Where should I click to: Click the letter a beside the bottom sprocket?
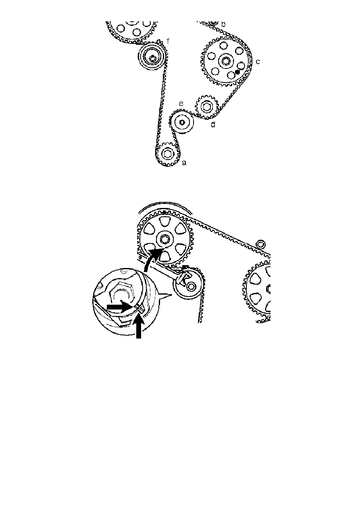tap(184, 163)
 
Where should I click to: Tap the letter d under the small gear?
tap(213, 125)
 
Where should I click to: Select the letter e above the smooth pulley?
tap(181, 104)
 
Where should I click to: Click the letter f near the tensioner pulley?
tap(168, 41)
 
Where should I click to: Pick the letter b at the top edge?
tap(223, 24)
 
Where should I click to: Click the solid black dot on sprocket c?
tap(237, 71)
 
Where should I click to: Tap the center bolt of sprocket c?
tap(225, 61)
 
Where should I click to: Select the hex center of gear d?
tap(206, 106)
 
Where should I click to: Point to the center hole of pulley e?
tap(182, 122)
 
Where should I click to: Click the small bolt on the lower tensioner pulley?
tap(191, 286)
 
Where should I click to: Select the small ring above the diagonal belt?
tap(260, 243)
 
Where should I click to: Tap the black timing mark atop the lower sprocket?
tap(164, 211)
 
